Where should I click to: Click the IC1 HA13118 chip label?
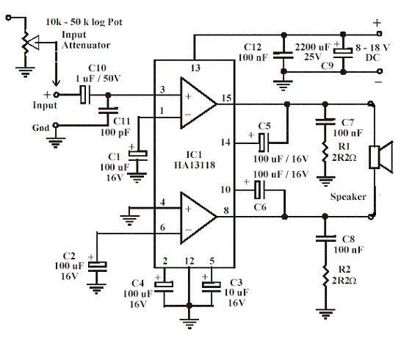pos(195,160)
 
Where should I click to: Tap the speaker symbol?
pos(380,157)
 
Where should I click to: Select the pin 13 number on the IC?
pos(195,68)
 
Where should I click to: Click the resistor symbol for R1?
pos(325,152)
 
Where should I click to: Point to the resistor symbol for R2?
pos(325,276)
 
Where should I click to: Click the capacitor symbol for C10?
pos(85,95)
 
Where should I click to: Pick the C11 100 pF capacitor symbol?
pos(108,110)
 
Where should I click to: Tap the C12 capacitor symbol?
pos(283,56)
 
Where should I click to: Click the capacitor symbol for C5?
pos(264,143)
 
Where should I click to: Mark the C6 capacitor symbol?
pos(259,190)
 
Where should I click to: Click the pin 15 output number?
pos(227,98)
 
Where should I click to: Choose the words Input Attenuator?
pos(86,40)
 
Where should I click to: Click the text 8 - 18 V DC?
pos(372,52)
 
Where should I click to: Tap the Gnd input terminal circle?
pos(56,126)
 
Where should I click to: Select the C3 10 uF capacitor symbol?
pos(212,286)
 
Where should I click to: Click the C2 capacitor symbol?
pos(97,266)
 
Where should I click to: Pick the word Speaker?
pos(348,197)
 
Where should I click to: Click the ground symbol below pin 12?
pos(189,323)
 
